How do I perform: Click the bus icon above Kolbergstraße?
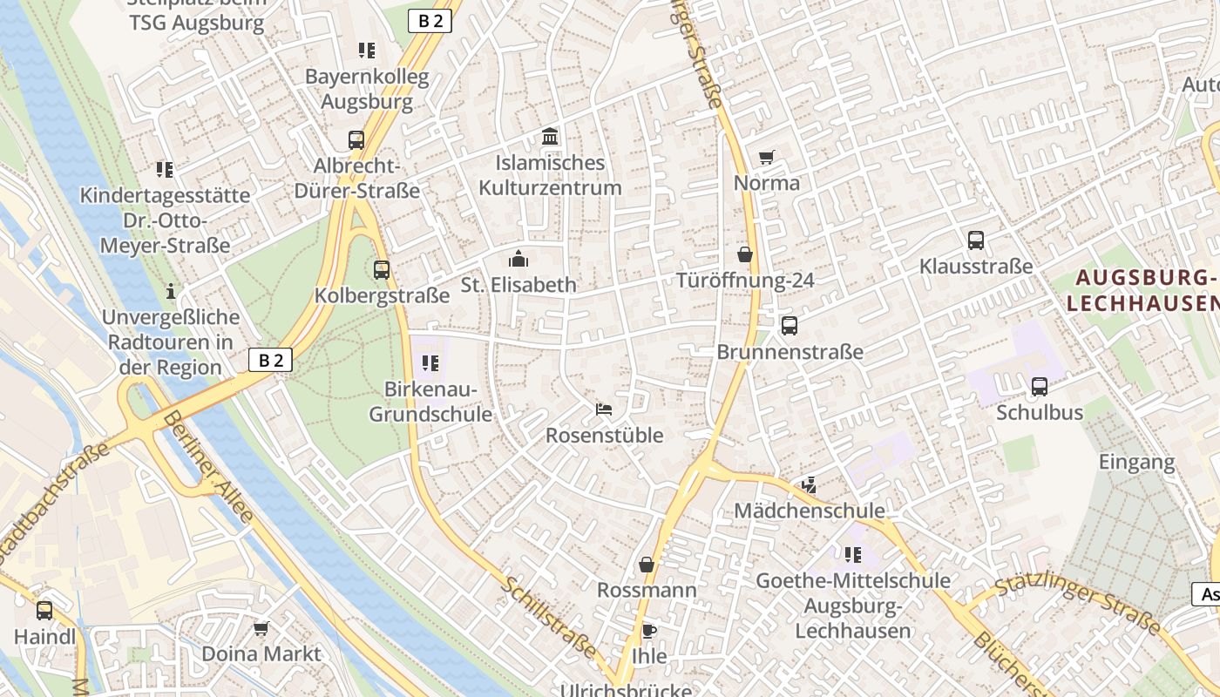(x=382, y=270)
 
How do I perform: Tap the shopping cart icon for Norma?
(x=766, y=158)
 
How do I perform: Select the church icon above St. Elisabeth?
(x=518, y=259)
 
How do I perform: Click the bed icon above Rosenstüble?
(x=604, y=409)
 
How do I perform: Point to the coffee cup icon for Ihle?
(x=648, y=631)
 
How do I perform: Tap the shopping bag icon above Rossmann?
(x=647, y=565)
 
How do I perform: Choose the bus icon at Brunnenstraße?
(x=790, y=326)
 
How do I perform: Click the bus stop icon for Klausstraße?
(x=976, y=240)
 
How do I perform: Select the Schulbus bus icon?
(x=1040, y=387)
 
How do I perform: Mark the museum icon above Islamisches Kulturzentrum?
(x=550, y=137)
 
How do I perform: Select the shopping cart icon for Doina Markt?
(x=261, y=628)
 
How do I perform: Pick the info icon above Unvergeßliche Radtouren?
(x=171, y=291)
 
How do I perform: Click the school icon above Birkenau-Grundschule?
(x=430, y=362)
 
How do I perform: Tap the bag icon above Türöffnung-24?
(x=745, y=254)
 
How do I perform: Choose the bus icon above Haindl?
(x=44, y=611)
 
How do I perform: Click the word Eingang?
(x=1136, y=462)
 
